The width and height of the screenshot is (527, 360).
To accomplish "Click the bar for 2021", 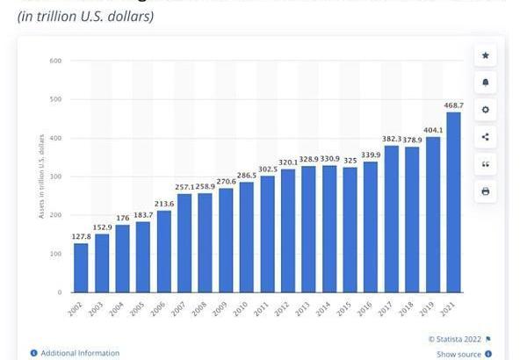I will (453, 202).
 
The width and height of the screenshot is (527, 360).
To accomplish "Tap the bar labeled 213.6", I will (163, 251).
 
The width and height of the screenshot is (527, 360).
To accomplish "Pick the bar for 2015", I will (349, 229).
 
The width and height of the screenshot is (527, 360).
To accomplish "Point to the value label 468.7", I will (453, 104).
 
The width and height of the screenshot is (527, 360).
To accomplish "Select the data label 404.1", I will (432, 129).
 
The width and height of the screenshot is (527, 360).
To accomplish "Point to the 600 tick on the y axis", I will (54, 61).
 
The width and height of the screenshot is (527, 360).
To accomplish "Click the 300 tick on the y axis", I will (54, 176).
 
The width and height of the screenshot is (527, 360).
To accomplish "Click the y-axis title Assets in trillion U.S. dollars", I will (41, 176).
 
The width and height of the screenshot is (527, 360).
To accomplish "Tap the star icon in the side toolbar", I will (486, 55).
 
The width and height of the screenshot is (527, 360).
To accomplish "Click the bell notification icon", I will (486, 83).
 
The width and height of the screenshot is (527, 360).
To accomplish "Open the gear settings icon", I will (486, 110).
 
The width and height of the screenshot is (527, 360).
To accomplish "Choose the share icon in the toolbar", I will (486, 137).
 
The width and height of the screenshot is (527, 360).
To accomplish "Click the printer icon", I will (486, 191).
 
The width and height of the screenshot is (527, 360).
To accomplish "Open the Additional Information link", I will (79, 353).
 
